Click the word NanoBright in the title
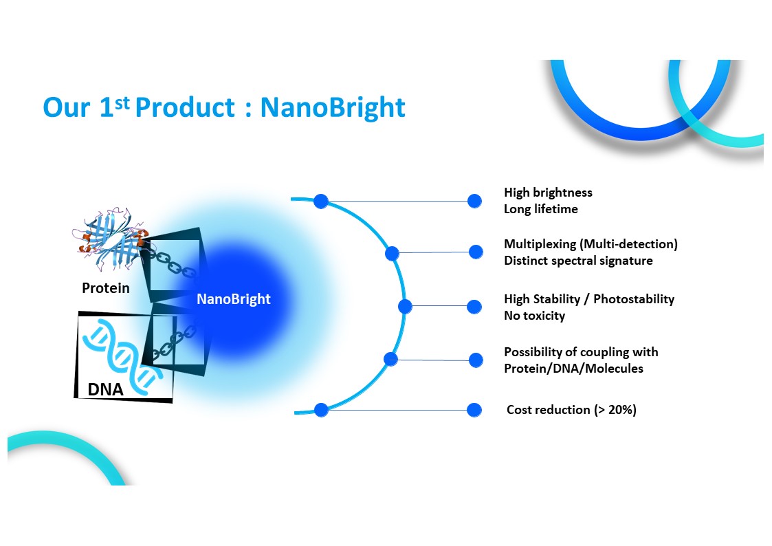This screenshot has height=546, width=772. point(332,107)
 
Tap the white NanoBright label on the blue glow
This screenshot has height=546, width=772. point(233,299)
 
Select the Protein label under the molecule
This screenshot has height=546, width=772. point(105,288)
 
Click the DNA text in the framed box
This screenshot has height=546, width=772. point(105,389)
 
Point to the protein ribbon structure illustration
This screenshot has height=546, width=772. point(109,239)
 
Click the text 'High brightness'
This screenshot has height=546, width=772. point(548,193)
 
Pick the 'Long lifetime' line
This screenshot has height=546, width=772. point(540,209)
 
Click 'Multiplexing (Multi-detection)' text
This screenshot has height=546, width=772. point(591,244)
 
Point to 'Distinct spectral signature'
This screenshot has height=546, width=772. point(578,261)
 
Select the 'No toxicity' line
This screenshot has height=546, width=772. point(534,316)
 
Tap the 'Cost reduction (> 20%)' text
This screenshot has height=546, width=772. point(571,410)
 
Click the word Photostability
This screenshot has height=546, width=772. point(634,299)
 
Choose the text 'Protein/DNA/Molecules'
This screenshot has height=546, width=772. point(573,369)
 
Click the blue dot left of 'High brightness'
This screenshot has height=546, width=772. point(474,201)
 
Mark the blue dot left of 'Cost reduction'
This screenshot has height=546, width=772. point(474,410)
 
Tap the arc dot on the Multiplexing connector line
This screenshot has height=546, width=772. point(392,254)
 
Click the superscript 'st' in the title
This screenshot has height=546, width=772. point(122,103)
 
